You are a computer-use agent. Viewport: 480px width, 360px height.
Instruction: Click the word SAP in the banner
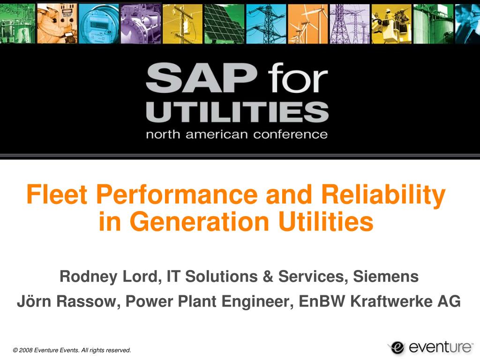(201, 78)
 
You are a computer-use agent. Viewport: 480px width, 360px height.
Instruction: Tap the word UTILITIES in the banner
(237, 112)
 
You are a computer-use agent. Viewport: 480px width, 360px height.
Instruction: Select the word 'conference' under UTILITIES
(290, 135)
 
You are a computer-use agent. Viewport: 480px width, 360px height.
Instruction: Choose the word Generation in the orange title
(199, 221)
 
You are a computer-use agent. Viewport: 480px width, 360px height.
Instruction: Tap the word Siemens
(386, 276)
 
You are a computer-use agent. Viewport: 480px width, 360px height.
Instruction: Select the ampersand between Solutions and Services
(268, 276)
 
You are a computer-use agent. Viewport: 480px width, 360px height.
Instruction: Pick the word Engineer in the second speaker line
(258, 302)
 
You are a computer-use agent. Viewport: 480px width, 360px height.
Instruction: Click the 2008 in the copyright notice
(26, 350)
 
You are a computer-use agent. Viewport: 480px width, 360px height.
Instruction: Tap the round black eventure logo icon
(397, 347)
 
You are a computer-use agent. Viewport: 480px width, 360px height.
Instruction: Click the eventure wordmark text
(441, 347)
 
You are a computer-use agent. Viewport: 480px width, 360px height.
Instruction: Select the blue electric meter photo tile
(99, 23)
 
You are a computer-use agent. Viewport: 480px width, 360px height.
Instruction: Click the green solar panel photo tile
(225, 23)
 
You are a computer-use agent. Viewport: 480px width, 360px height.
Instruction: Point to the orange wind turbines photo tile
(308, 23)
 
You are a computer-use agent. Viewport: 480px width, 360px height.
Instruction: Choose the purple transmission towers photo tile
(350, 23)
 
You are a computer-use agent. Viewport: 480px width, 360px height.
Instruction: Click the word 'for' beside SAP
(298, 78)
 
